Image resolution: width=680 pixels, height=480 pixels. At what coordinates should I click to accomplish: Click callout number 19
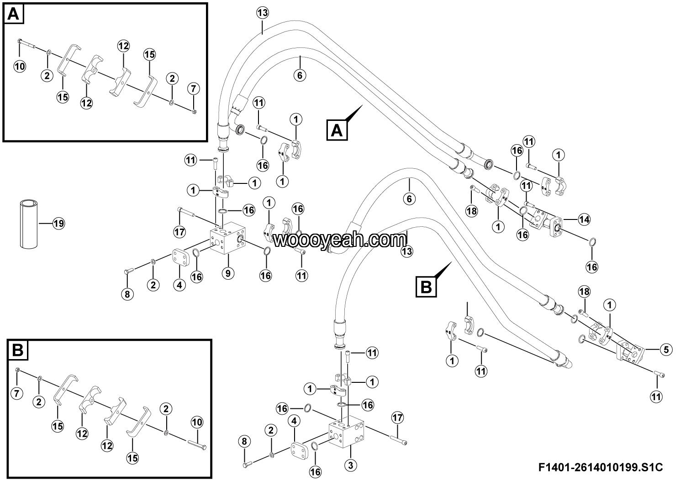coord(58,224)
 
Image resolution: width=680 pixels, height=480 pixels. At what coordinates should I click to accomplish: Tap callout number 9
coord(228,273)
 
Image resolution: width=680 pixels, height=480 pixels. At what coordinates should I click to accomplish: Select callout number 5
coord(665,350)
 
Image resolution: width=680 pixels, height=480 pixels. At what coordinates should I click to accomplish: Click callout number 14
coord(584,219)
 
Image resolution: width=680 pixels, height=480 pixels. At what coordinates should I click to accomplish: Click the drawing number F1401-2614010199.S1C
coord(601,467)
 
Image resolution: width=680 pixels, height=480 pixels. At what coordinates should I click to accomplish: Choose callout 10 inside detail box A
coord(20,66)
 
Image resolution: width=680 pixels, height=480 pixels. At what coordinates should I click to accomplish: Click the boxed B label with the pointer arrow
coord(426,287)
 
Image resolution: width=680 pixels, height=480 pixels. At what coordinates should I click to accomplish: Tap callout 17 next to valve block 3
coord(397,417)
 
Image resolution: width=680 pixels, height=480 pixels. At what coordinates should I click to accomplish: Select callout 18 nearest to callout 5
coord(584,291)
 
